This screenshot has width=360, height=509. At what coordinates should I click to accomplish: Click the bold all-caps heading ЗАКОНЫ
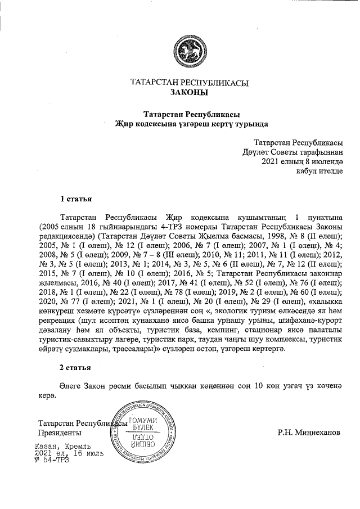tap(190, 92)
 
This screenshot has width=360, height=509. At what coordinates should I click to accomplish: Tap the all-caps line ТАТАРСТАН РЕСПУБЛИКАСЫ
tap(190, 83)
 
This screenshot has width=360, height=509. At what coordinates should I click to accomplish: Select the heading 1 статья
tap(76, 199)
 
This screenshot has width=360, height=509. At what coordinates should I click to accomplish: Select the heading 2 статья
tap(76, 368)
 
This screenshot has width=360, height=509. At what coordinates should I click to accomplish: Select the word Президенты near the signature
tap(59, 433)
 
